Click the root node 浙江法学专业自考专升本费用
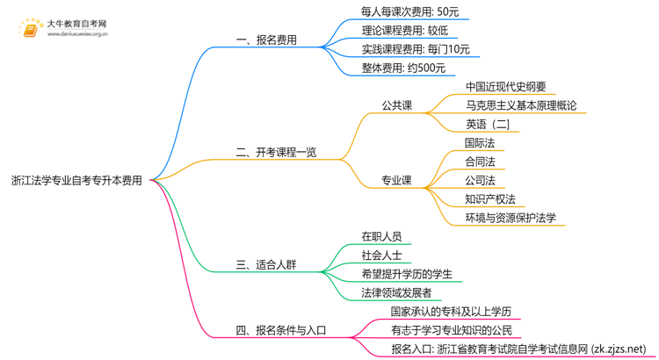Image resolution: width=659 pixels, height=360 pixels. click(76, 180)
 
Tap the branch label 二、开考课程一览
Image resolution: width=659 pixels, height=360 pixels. click(276, 152)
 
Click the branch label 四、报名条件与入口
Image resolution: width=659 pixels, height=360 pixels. click(281, 330)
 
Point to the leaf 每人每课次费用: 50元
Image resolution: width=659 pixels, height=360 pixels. click(409, 12)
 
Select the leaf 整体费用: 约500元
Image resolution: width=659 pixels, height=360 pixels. click(403, 68)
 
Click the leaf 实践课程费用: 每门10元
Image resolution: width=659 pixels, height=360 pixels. click(416, 49)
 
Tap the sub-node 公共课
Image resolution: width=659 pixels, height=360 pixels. click(396, 105)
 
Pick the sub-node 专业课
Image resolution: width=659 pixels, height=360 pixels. click(396, 180)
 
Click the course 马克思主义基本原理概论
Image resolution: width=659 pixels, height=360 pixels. click(521, 105)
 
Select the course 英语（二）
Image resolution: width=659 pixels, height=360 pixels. click(488, 124)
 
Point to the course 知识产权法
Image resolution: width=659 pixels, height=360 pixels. click(490, 198)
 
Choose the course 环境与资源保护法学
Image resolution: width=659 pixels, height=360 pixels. click(511, 217)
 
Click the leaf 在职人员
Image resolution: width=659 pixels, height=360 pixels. click(381, 236)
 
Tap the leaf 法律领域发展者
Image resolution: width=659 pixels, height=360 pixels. click(396, 292)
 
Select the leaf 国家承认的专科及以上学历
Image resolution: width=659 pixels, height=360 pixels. click(451, 312)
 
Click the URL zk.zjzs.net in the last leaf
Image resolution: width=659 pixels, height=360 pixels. click(619, 349)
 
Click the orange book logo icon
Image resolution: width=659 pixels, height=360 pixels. click(29, 28)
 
